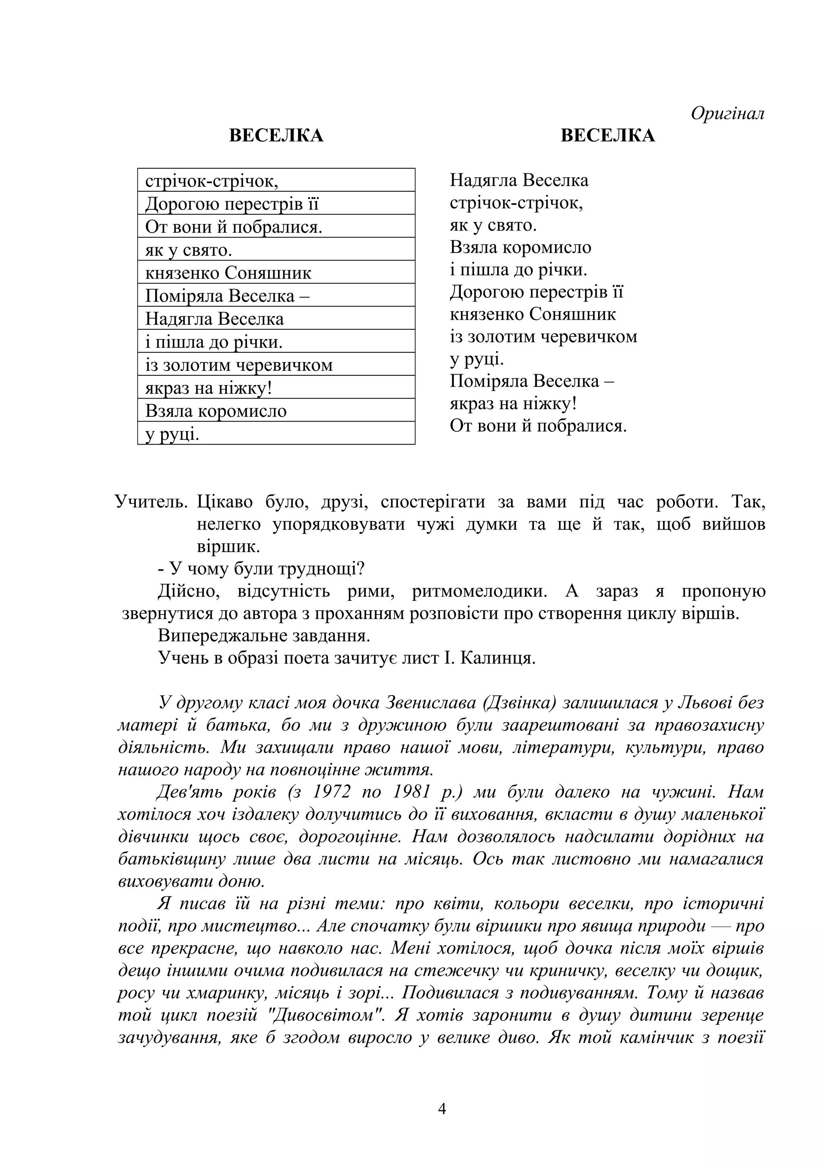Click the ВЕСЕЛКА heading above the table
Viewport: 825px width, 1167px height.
[x=276, y=136]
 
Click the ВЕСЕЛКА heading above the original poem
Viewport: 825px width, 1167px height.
[x=607, y=136]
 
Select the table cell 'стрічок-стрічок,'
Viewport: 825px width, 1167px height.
[x=276, y=180]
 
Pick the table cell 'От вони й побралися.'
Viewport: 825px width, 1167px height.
[x=276, y=227]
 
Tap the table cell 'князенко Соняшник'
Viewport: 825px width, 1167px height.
[x=276, y=273]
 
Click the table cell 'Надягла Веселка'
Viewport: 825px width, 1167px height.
[x=276, y=319]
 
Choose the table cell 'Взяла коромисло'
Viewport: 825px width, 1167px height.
[x=276, y=411]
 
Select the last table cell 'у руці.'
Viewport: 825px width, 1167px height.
[x=276, y=434]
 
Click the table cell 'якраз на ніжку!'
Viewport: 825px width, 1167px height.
[x=276, y=388]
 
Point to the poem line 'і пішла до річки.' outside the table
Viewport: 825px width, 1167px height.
[x=518, y=269]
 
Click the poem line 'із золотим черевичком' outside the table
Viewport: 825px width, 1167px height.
[x=543, y=337]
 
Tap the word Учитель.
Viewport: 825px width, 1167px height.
[x=151, y=502]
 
